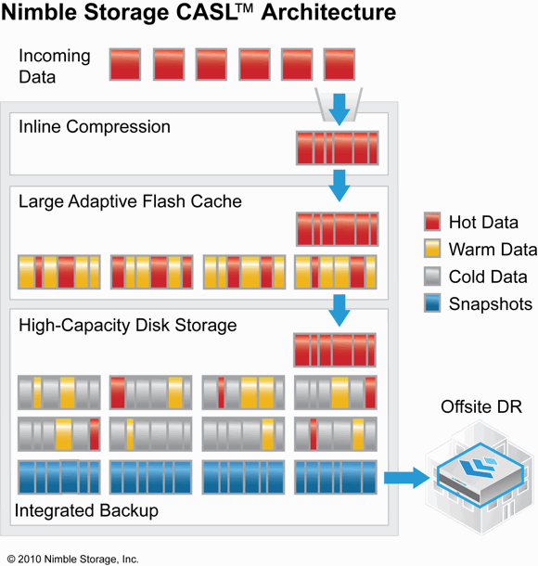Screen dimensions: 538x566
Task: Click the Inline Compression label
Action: [x=95, y=127]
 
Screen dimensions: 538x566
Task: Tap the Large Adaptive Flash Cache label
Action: [x=130, y=201]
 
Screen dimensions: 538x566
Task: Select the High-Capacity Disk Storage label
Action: [x=128, y=326]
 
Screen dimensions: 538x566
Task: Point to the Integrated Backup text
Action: [x=86, y=510]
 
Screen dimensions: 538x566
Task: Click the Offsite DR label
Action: [x=481, y=406]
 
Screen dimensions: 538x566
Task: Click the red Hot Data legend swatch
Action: [x=432, y=221]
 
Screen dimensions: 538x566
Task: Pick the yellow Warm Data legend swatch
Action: [x=432, y=249]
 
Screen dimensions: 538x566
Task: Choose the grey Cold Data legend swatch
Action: [x=432, y=277]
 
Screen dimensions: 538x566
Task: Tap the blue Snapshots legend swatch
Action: [x=432, y=303]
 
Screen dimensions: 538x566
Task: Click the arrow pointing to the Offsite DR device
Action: [x=406, y=478]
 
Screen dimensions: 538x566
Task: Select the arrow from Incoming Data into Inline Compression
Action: [x=339, y=109]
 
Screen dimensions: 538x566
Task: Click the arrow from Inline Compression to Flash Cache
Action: [x=339, y=186]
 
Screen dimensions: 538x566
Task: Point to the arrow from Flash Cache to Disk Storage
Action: [x=339, y=311]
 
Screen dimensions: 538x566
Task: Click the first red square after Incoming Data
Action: [x=125, y=65]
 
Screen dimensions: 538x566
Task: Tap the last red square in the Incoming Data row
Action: [x=339, y=65]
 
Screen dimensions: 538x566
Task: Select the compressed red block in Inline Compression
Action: [x=338, y=148]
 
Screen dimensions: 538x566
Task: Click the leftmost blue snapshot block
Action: [x=59, y=477]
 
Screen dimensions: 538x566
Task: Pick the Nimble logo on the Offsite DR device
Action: [x=478, y=468]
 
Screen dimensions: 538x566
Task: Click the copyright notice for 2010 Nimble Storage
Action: [x=73, y=560]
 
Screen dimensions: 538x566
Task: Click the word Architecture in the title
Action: [x=328, y=13]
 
